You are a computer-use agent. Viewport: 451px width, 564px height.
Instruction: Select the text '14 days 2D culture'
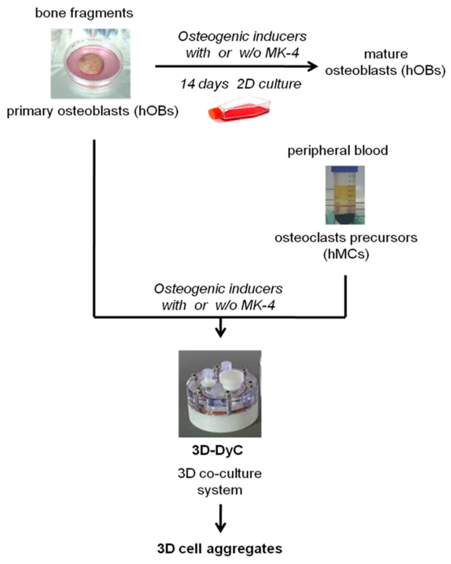[x=241, y=84]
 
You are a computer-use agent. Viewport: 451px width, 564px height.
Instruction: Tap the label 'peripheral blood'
[x=338, y=151]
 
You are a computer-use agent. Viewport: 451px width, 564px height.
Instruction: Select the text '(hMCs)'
[x=346, y=254]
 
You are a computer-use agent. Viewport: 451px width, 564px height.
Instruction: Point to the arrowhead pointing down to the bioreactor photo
[x=220, y=334]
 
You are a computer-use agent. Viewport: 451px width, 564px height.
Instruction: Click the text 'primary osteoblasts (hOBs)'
[x=93, y=111]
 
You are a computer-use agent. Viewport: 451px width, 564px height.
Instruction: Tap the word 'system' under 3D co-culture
[x=220, y=490]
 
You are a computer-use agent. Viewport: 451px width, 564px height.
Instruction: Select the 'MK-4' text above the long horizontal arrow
[x=282, y=53]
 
